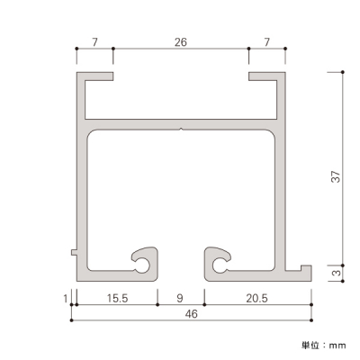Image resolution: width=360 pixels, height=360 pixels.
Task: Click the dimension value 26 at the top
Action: click(x=181, y=42)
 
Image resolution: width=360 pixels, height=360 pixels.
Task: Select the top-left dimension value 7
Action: click(x=94, y=42)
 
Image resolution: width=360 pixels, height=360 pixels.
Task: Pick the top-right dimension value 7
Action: click(x=266, y=42)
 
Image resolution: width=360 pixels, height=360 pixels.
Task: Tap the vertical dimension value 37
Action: click(x=336, y=176)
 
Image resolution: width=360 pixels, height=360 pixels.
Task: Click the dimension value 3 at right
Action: click(x=337, y=273)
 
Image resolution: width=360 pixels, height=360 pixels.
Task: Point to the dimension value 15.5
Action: click(x=117, y=298)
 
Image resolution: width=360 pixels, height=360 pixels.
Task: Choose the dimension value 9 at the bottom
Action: click(x=180, y=298)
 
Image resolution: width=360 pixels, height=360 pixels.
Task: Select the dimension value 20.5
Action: click(x=257, y=298)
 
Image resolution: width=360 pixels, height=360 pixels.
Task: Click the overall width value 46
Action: click(x=192, y=314)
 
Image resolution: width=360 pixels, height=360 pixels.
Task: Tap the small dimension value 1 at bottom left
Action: click(x=66, y=299)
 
